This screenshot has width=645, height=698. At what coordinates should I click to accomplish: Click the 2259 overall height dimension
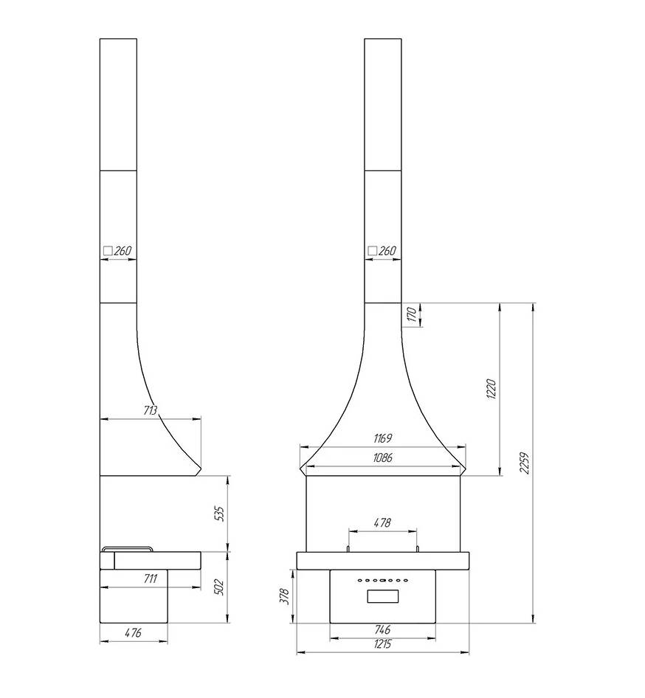(525, 463)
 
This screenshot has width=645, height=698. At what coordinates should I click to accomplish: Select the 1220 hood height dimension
(491, 389)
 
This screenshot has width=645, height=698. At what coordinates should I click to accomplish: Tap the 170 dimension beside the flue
(412, 314)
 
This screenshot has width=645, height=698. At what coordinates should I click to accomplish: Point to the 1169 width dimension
(382, 438)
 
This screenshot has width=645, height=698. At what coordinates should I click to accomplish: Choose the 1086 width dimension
(382, 457)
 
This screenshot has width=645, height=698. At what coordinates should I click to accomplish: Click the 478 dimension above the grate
(382, 522)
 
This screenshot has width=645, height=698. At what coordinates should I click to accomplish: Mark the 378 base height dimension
(284, 596)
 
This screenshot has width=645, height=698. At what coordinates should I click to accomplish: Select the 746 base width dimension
(382, 629)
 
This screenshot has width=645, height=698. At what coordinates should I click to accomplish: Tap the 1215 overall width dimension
(382, 644)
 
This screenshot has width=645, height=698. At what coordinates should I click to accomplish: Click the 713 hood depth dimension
(151, 410)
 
